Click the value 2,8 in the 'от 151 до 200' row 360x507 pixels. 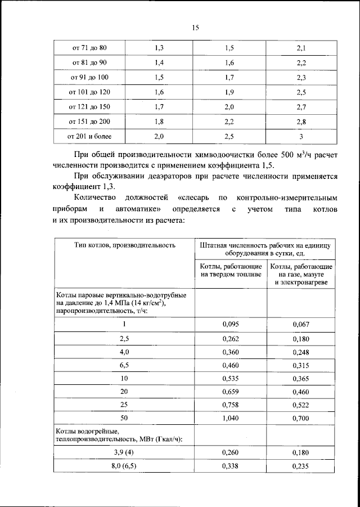coord(301,122)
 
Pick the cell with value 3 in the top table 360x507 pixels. coord(301,136)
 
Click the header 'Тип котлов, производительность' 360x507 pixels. coord(124,245)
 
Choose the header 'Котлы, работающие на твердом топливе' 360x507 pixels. coord(231,270)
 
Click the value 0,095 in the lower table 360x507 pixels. coord(231,324)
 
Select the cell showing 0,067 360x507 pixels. coord(301,324)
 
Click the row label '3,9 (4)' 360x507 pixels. coord(124,452)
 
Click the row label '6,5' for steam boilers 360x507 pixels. coord(124,365)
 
